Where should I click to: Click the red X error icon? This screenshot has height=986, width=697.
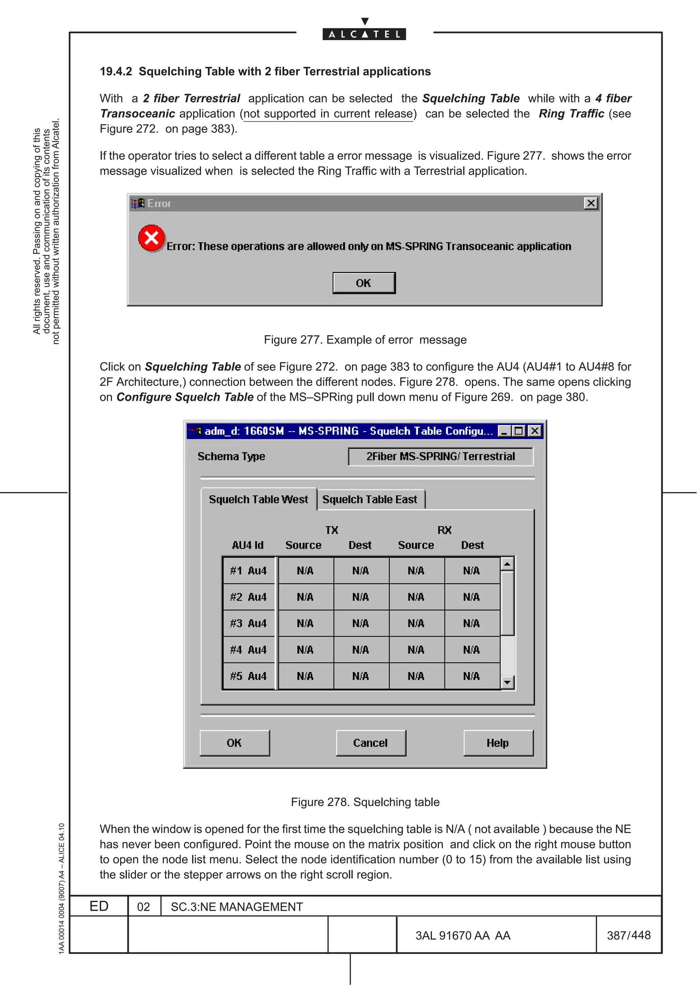tap(151, 237)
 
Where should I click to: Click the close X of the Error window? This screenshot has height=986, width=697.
tap(591, 203)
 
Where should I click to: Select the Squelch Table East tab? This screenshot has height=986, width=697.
tap(370, 499)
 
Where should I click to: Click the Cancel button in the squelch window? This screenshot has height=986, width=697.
tap(371, 743)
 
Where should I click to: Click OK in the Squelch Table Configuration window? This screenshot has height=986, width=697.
tap(234, 743)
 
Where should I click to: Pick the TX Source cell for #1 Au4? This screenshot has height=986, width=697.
tap(305, 571)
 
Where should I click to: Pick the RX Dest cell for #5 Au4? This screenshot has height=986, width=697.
tap(472, 676)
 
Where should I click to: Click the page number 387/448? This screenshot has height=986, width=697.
tap(628, 935)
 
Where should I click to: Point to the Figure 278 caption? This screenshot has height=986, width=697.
tap(365, 802)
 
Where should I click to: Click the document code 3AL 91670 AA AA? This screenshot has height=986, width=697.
tap(463, 936)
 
